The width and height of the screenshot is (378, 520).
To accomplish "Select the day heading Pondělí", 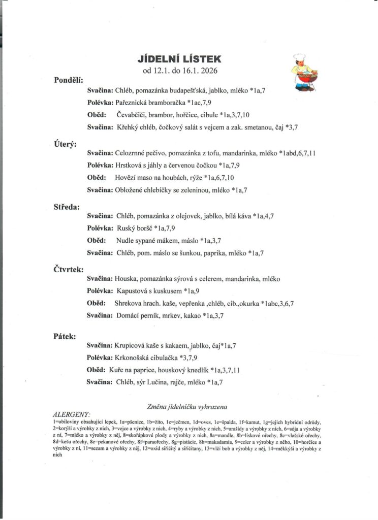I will [71, 80].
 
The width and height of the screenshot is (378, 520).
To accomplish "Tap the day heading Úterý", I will [66, 144].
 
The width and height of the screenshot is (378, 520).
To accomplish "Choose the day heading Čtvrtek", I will [69, 270].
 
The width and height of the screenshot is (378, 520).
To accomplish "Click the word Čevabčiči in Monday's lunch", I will [131, 115].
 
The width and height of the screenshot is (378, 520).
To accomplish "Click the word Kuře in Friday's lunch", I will [117, 370].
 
